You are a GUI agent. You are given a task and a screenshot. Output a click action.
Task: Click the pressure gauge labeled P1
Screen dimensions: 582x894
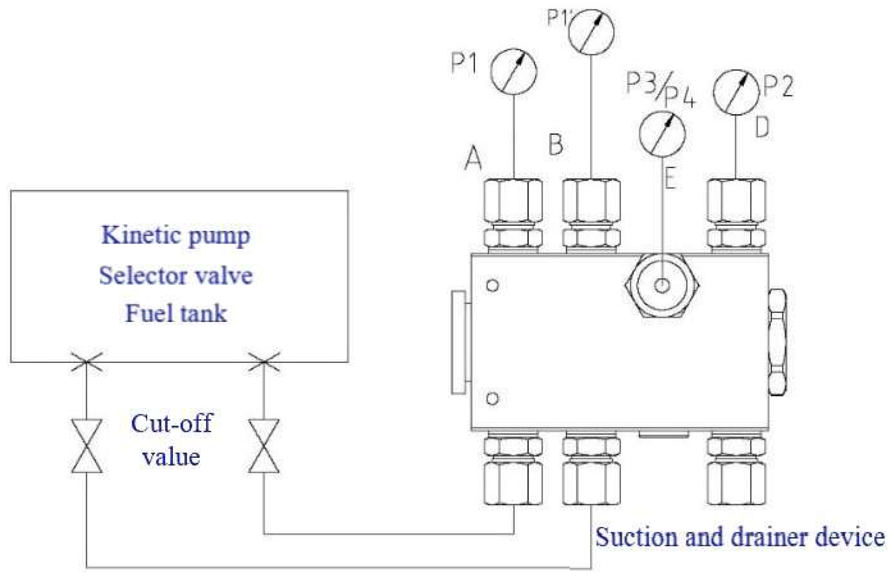[513, 71]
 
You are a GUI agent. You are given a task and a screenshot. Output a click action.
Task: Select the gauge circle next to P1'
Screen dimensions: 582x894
[591, 31]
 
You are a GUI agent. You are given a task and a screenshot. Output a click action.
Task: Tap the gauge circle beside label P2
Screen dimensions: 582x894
[736, 92]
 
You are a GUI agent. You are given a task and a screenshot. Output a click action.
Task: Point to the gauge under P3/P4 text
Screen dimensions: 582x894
[662, 133]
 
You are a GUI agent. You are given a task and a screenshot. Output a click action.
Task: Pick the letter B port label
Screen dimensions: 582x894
[556, 144]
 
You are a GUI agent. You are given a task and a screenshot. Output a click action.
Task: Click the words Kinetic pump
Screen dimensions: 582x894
[176, 235]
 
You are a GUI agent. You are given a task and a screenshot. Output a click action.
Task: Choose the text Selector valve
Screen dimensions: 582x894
[176, 275]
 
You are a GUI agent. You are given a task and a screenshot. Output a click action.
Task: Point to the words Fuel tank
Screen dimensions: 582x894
[176, 314]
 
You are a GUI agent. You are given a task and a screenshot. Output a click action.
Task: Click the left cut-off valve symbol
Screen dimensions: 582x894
[87, 446]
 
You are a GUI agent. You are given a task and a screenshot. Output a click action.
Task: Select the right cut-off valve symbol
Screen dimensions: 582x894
[264, 446]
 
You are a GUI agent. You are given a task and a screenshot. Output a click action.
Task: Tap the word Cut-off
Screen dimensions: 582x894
[171, 424]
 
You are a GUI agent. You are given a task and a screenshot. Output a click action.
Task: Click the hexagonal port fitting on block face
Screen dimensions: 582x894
[662, 285]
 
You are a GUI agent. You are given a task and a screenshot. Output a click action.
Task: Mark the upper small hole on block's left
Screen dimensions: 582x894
[492, 285]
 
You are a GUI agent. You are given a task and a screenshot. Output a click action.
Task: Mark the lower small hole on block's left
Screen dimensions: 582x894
[492, 399]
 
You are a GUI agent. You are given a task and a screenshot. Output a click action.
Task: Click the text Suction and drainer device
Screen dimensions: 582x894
[740, 537]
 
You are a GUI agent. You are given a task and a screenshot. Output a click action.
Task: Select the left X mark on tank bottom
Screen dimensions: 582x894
[87, 361]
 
